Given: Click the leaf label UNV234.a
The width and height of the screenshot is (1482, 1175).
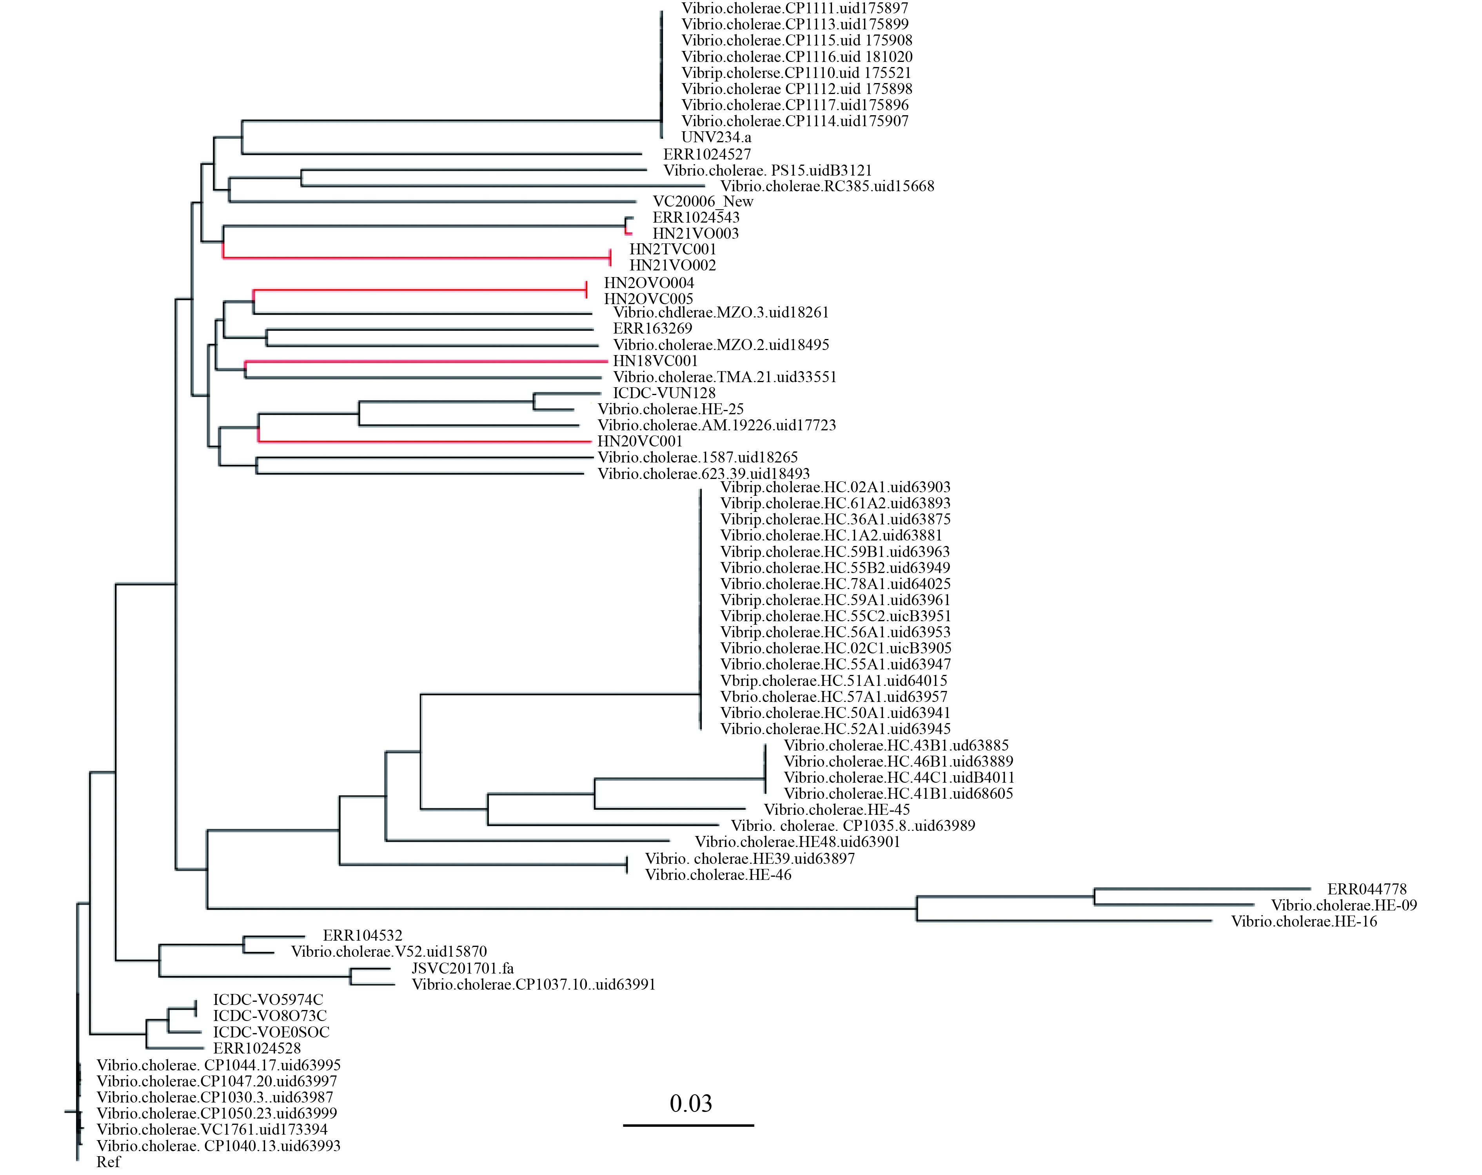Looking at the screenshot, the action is [716, 138].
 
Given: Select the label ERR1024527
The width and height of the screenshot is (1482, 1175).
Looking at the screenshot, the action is [706, 154].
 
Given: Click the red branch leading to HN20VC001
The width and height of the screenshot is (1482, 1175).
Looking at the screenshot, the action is [424, 441].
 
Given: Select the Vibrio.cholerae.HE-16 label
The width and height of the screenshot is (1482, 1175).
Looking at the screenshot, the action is [1304, 921].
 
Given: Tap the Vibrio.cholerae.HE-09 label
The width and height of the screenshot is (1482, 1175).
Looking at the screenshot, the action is [1344, 905].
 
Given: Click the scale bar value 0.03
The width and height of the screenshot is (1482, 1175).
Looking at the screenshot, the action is [691, 1104].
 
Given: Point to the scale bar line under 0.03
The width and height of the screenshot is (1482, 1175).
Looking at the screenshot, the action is [688, 1125].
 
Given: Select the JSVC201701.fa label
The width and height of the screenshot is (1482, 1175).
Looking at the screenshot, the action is [463, 968].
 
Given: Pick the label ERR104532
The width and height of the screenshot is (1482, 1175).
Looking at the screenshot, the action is [362, 935].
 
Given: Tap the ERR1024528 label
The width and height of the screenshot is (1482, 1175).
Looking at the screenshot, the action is [257, 1048].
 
